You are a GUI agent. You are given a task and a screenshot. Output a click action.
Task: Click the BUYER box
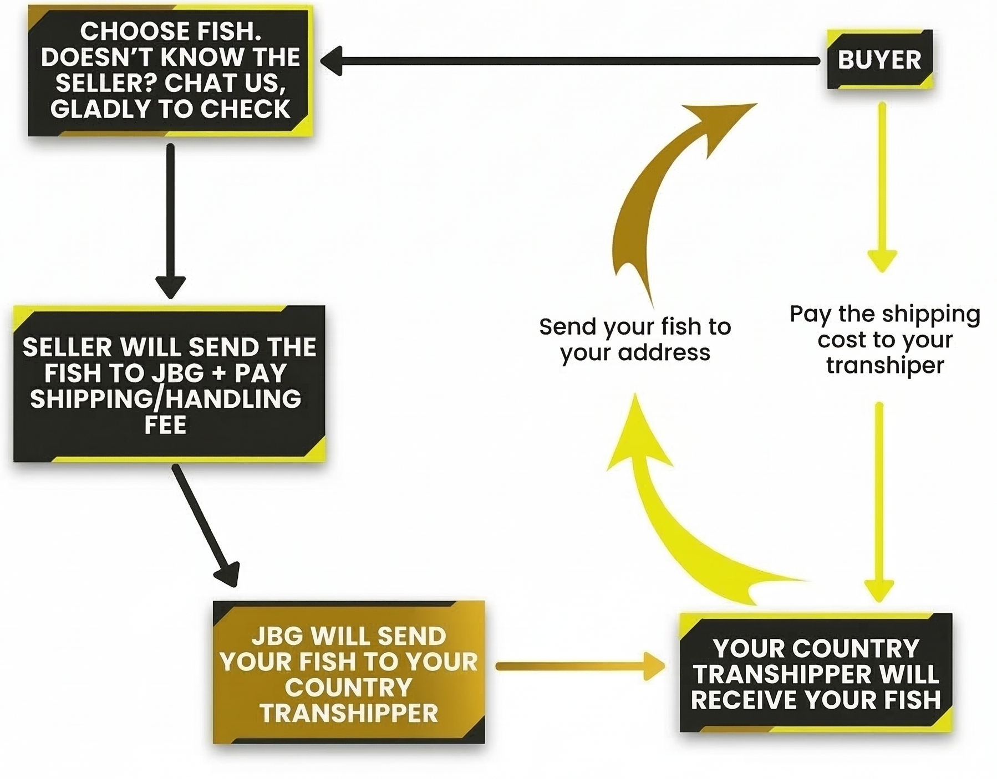coord(879,59)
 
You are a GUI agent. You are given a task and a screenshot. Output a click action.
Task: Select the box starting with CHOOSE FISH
coord(170,70)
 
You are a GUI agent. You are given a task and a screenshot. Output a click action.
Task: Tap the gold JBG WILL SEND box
coord(349,672)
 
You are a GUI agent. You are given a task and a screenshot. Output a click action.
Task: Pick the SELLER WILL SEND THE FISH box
coord(169,384)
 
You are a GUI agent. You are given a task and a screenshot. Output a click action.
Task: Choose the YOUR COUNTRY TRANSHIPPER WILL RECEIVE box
coord(816,673)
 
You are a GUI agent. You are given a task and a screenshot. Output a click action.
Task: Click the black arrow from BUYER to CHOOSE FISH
coord(571,60)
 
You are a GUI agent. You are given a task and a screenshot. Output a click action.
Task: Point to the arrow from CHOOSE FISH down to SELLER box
coord(170,222)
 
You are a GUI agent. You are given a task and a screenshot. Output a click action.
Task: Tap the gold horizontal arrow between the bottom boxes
coord(579,666)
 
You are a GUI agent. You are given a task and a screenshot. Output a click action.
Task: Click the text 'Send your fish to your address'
coord(635,339)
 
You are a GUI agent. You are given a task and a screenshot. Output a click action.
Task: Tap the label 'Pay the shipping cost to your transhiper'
coord(885,339)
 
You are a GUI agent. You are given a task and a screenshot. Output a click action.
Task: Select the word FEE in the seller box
coord(165,425)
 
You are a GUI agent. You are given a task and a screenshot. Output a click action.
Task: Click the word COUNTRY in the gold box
coord(348,687)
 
